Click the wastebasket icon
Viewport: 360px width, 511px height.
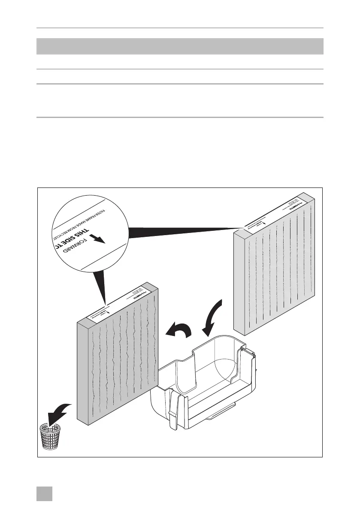(x=49, y=436)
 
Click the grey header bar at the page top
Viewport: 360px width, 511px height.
(x=180, y=46)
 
